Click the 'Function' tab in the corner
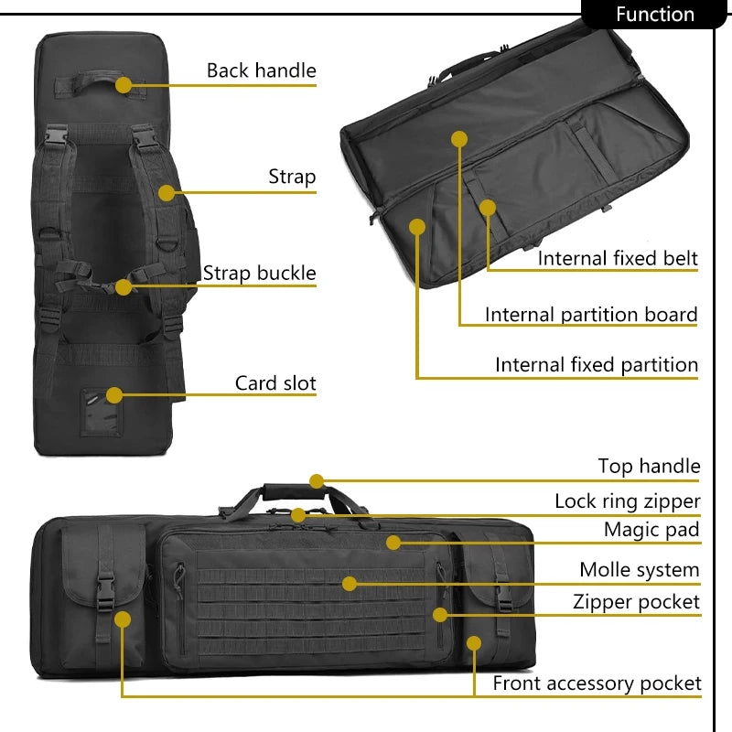654,15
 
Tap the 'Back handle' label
261,70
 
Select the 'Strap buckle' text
259,273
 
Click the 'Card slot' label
275,382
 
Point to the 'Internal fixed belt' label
618,258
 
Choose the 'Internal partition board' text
591,315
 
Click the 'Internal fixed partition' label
597,364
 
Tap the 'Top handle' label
649,467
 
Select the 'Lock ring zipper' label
627,501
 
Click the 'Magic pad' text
651,530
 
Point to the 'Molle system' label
639,570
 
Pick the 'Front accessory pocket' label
597,683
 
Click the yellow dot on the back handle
124,85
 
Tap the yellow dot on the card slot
114,395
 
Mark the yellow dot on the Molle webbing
349,583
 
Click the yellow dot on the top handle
317,481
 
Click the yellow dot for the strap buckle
124,286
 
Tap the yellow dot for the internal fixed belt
488,208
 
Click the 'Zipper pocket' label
636,601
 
